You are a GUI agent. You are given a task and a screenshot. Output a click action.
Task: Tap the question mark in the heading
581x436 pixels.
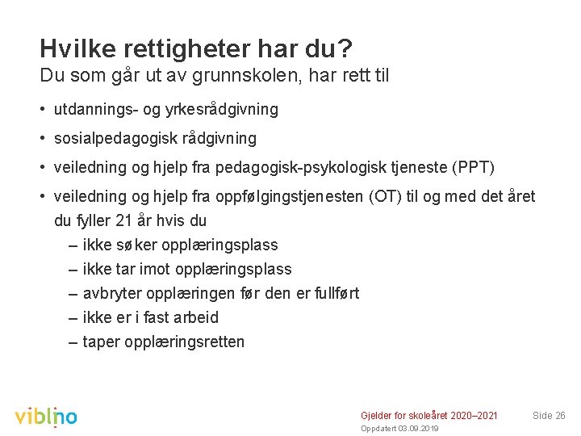tap(345, 49)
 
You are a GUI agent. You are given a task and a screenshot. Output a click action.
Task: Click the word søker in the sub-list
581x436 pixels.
tap(141, 245)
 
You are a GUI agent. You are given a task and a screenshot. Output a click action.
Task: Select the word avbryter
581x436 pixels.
tap(114, 293)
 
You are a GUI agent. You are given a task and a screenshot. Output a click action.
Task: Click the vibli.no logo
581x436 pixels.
tap(46, 415)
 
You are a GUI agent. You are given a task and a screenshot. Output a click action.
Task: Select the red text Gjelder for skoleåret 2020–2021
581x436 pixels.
tap(428, 415)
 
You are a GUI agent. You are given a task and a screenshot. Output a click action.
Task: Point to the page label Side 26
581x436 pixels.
tap(549, 415)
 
